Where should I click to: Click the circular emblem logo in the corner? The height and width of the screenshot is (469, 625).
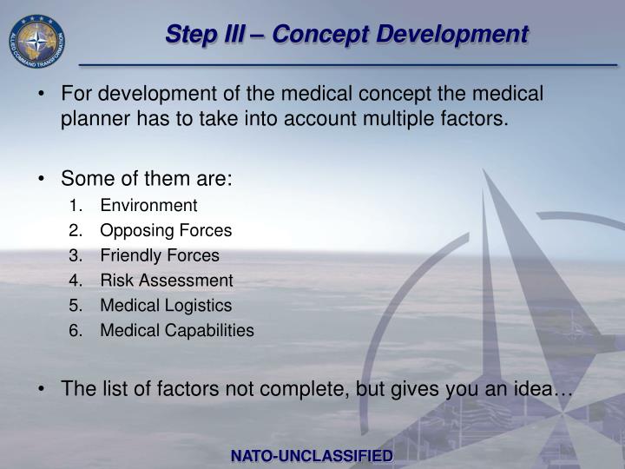coord(36,41)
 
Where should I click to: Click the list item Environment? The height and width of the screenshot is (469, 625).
coord(148,206)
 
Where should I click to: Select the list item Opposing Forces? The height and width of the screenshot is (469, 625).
coord(166,231)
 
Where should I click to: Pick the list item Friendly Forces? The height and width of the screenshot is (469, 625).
coord(160,256)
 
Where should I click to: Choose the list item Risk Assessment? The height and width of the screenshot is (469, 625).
coord(167,281)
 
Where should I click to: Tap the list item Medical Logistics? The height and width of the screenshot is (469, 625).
coord(166,306)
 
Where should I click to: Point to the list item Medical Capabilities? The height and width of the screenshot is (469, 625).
coord(177,331)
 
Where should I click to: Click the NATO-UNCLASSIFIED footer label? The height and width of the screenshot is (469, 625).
coord(312,456)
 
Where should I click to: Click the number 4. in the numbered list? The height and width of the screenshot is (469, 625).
coord(76,281)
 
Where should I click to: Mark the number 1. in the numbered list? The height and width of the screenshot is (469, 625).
coord(76,206)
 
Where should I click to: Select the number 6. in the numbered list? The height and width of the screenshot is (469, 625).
coord(76,331)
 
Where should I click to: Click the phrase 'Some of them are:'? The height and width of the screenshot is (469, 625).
coord(146,180)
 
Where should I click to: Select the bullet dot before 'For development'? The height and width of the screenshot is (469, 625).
coord(43,94)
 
